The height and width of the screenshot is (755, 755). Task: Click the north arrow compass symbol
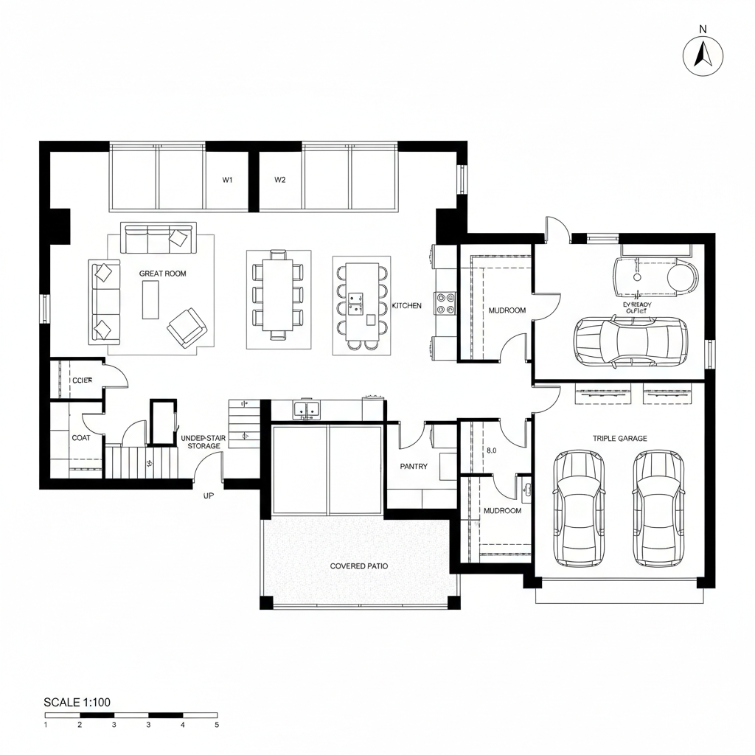703,56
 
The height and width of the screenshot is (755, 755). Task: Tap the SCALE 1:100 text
77,702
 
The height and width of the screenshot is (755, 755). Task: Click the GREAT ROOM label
163,274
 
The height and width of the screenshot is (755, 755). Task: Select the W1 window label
228,180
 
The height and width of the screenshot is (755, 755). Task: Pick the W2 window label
279,180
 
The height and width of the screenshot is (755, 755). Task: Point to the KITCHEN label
406,306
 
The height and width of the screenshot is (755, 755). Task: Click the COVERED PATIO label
359,566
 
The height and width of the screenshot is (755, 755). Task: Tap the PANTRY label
414,467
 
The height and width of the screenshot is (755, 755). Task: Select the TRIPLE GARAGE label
619,439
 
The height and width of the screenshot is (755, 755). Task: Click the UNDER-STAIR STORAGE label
203,442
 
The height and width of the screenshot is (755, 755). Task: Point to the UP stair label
208,496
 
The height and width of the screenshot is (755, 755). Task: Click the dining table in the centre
278,293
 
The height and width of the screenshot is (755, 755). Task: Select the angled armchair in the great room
187,327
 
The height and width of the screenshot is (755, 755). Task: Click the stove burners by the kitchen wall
447,302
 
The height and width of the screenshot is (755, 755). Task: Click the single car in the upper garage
630,341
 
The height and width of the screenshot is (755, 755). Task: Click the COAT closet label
81,438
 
